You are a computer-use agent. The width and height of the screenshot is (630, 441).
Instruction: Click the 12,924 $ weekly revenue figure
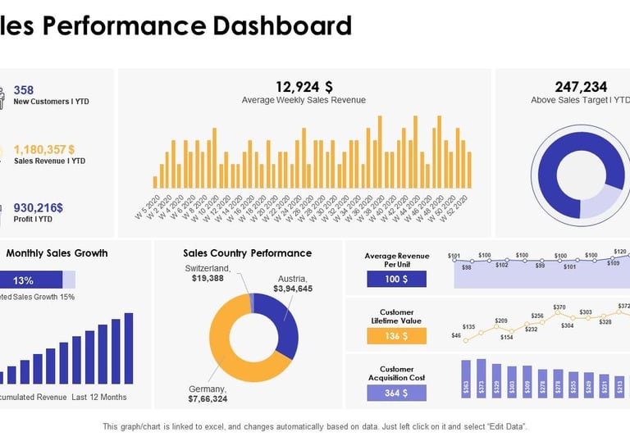pyautogui.click(x=304, y=87)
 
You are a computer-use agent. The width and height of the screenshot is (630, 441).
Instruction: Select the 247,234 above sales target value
pyautogui.click(x=581, y=87)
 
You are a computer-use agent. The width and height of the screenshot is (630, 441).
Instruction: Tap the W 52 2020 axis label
pyautogui.click(x=457, y=205)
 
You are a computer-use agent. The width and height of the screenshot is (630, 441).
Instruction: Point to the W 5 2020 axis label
pyautogui.click(x=147, y=205)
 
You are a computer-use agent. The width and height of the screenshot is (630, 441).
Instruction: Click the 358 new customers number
pyautogui.click(x=24, y=90)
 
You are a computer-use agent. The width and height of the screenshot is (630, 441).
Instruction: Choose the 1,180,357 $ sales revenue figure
pyautogui.click(x=44, y=149)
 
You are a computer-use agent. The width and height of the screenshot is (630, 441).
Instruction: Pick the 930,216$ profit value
pyautogui.click(x=39, y=207)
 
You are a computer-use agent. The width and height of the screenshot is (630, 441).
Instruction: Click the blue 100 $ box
pyautogui.click(x=397, y=280)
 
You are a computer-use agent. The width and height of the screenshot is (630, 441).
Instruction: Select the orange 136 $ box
pyautogui.click(x=397, y=336)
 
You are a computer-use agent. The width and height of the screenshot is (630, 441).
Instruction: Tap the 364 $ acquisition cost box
pyautogui.click(x=397, y=393)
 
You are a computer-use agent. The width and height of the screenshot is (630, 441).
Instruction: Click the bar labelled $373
pyautogui.click(x=482, y=380)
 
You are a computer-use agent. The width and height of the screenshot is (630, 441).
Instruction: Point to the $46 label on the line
pyautogui.click(x=456, y=335)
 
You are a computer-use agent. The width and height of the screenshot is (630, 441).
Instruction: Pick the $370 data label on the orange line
pyautogui.click(x=559, y=307)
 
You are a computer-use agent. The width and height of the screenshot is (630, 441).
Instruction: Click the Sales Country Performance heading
pyautogui.click(x=247, y=253)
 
